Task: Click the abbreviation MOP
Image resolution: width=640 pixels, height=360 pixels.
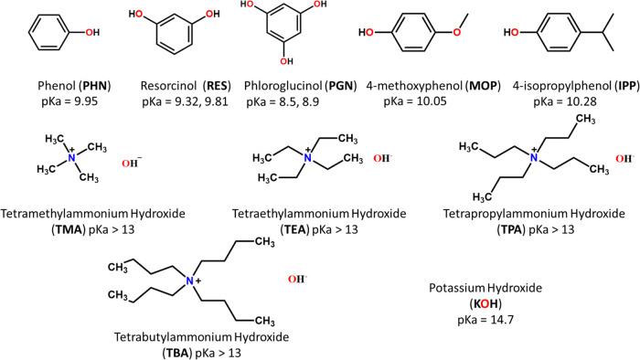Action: (x=464, y=84)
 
